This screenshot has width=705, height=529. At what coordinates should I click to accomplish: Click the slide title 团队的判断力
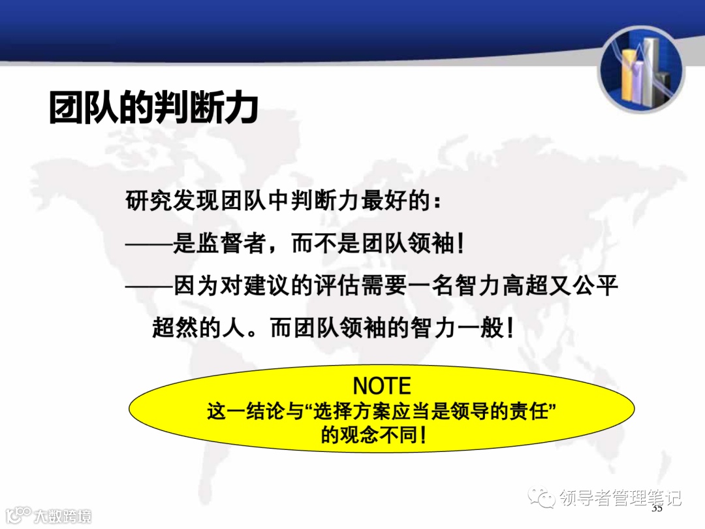[153, 108]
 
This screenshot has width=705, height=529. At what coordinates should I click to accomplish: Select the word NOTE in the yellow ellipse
[382, 385]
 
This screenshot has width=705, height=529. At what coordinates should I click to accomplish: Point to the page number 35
[657, 509]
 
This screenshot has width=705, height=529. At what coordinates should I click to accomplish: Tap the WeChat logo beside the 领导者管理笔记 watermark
[542, 498]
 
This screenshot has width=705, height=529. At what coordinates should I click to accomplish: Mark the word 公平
[596, 287]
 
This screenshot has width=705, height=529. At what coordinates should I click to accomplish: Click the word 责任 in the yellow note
[527, 412]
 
